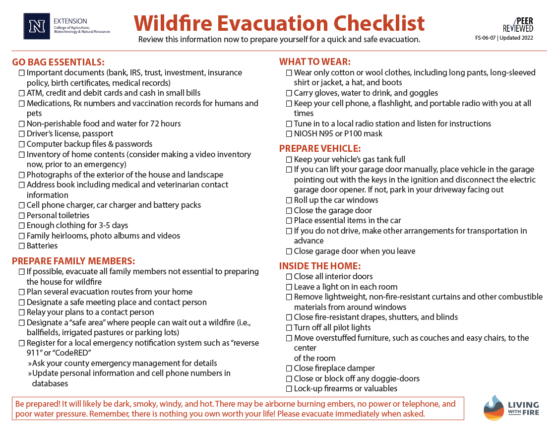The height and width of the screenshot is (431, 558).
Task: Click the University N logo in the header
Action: coord(37,26)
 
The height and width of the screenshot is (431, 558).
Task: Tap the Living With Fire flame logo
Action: coord(494,408)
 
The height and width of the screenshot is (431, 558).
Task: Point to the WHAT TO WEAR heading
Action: coord(315,62)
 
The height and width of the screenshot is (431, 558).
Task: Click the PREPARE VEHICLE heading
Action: coord(320,148)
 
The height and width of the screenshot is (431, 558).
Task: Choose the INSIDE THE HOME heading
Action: coord(320,266)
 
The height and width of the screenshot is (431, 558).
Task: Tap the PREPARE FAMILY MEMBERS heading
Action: coord(73,261)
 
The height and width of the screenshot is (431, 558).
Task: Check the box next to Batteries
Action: coord(22,246)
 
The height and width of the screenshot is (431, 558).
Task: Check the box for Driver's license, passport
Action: coord(22,134)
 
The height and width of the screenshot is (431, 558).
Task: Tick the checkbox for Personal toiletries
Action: coord(22,216)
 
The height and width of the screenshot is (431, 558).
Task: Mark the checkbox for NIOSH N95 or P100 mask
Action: coord(289,134)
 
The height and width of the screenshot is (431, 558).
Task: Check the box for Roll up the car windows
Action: coord(289,200)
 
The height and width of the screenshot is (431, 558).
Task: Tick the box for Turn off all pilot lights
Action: coord(289,328)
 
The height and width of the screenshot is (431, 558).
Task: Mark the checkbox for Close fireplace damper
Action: coord(289,369)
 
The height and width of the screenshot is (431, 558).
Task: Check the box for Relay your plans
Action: coord(22,312)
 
